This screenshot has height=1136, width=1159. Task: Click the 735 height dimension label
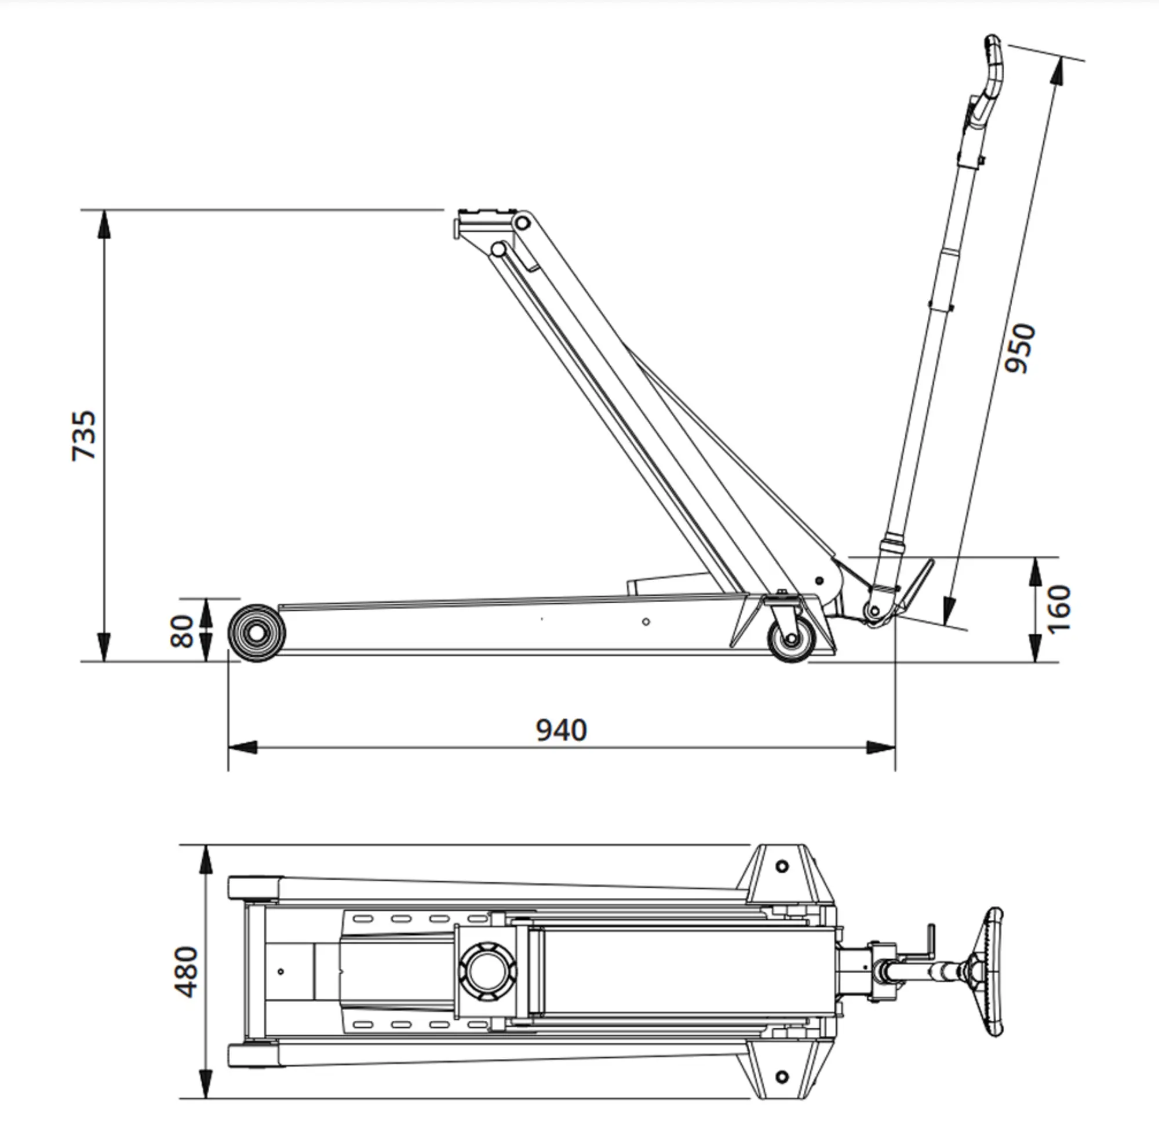[84, 435]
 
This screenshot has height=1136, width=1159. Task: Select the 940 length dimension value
[562, 730]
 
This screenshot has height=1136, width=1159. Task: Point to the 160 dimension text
[1059, 609]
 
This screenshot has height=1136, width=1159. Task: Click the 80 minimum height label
[183, 631]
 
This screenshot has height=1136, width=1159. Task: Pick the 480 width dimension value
[187, 971]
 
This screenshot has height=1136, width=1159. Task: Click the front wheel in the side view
[257, 633]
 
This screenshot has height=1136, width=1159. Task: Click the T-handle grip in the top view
[993, 972]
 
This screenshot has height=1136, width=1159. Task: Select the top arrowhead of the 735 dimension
[104, 224]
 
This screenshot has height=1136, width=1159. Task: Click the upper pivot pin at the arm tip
[523, 224]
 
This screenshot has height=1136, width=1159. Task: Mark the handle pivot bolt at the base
[874, 611]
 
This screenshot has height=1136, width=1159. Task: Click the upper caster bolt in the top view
[782, 866]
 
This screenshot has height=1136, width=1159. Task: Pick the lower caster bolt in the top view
[782, 1076]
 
